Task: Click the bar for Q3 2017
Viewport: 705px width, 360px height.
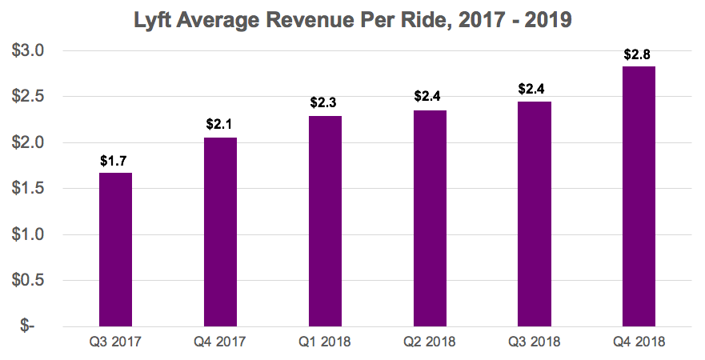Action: (116, 250)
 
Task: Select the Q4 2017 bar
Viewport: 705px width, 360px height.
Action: (221, 232)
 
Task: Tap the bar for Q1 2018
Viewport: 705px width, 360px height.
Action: (326, 222)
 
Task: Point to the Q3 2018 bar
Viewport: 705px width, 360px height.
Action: (535, 214)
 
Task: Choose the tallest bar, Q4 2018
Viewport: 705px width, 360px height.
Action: (639, 197)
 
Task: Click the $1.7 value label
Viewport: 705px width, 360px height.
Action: (116, 160)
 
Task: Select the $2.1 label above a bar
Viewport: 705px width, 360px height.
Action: (221, 125)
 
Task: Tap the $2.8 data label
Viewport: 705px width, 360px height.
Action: (639, 54)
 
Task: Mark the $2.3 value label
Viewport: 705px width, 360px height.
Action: (326, 103)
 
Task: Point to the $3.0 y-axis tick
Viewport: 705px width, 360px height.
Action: (30, 51)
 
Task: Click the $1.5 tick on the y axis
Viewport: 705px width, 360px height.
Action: (30, 189)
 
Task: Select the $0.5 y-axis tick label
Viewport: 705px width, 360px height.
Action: (30, 281)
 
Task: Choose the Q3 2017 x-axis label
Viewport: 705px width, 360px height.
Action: (116, 342)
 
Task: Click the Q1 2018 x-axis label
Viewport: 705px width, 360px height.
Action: (326, 342)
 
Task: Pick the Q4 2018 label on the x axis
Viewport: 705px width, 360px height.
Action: (639, 342)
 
